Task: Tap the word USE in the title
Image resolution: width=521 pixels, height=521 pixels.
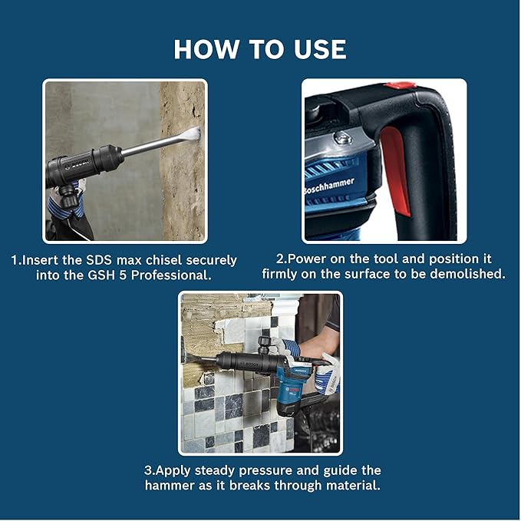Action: click(x=315, y=49)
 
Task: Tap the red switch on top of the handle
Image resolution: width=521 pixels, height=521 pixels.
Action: click(x=401, y=86)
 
